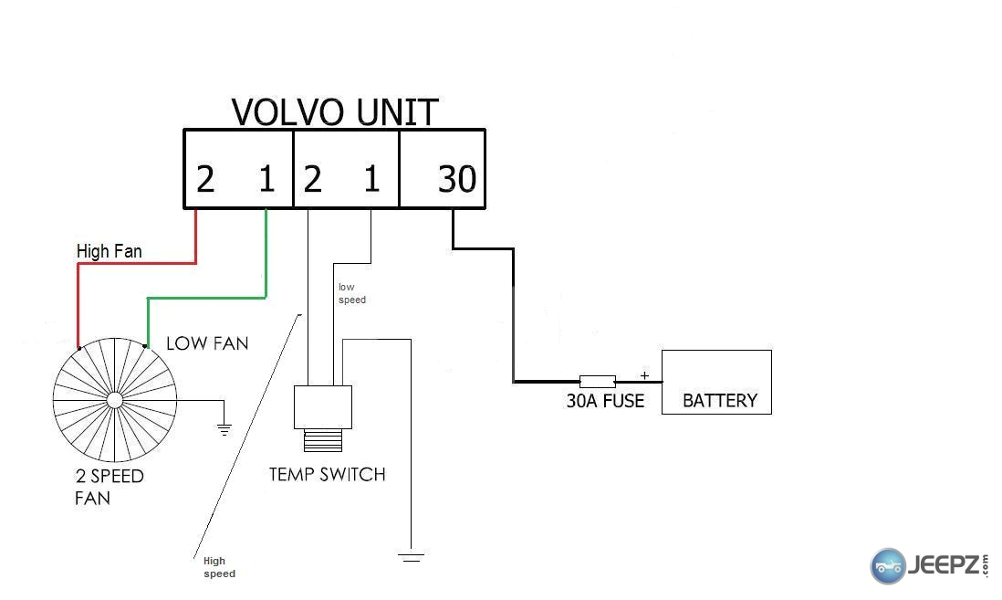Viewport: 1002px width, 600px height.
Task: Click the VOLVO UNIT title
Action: [335, 112]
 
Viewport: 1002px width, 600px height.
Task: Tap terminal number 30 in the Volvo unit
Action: [457, 178]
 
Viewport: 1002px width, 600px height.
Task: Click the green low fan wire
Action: [206, 298]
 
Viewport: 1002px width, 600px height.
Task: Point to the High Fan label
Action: [110, 251]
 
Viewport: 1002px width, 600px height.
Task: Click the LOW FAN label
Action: [207, 343]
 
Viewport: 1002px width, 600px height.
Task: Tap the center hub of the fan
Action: [114, 400]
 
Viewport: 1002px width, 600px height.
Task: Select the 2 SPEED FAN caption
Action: [110, 487]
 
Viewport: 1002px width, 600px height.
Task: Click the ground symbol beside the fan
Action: [224, 429]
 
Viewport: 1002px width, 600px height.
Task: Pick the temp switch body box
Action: [323, 407]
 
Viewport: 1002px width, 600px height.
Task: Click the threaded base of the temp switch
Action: [323, 440]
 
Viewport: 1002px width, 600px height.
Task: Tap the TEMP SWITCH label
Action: [328, 475]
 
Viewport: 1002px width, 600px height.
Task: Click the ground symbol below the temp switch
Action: [411, 557]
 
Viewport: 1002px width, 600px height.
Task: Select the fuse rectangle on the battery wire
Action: [598, 382]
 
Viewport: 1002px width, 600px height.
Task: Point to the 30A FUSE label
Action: [605, 401]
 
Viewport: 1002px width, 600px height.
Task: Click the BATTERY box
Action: [716, 382]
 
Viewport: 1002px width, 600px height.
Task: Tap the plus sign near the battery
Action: [645, 375]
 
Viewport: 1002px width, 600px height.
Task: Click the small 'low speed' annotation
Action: [352, 293]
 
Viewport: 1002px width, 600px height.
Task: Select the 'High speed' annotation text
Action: [219, 567]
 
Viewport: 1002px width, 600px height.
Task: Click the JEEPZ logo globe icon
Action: [888, 566]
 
